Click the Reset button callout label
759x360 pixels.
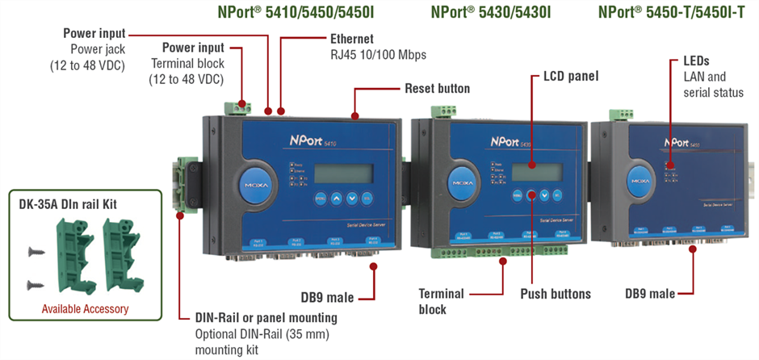click(x=437, y=87)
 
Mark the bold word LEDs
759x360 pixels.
click(x=698, y=61)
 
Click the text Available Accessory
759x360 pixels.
click(x=85, y=308)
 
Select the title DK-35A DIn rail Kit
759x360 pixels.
click(x=68, y=204)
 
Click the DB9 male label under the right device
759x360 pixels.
click(x=650, y=294)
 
